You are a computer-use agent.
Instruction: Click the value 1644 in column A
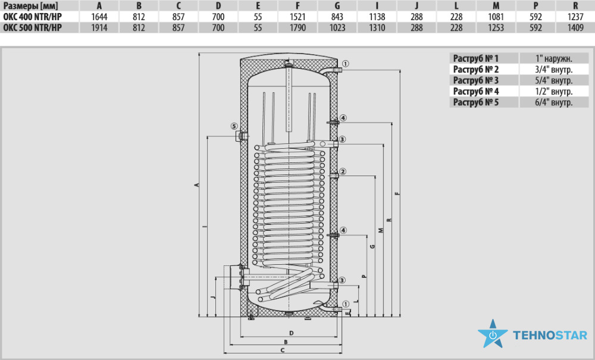[x=99, y=17]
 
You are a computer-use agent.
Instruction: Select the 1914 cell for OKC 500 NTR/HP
[x=99, y=28]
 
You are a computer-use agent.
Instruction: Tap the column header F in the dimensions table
[x=297, y=6]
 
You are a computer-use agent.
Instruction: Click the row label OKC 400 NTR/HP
[x=32, y=17]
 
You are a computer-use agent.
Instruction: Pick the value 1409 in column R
[x=575, y=28]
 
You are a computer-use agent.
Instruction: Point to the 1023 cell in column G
[x=337, y=28]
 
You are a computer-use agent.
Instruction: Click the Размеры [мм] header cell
[x=30, y=6]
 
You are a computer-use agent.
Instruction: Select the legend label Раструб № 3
[x=475, y=80]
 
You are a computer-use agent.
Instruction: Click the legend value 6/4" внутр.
[x=553, y=102]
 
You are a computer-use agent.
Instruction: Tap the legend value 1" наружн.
[x=553, y=58]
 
